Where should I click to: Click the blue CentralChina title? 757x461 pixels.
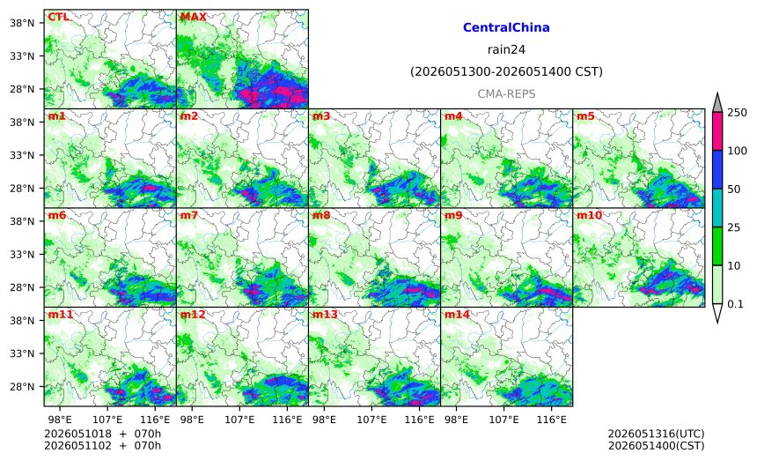(x=506, y=27)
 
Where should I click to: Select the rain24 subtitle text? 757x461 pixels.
(x=506, y=49)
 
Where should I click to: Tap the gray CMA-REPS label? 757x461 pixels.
(x=506, y=93)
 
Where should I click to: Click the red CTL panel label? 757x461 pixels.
(x=58, y=17)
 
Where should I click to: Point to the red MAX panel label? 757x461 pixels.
(x=193, y=17)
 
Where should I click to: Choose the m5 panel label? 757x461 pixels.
(x=585, y=116)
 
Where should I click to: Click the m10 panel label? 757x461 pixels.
(x=589, y=215)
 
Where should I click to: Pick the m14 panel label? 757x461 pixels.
(x=457, y=315)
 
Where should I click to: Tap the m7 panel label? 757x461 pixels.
(x=188, y=215)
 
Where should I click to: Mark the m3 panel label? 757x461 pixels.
(x=321, y=116)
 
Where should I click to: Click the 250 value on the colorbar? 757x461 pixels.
(x=738, y=113)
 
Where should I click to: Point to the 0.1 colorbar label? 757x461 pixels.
(x=735, y=304)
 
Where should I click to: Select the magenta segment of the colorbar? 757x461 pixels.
(x=717, y=131)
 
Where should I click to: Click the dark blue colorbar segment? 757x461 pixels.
(x=717, y=169)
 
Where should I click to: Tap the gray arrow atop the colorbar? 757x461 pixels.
(x=717, y=103)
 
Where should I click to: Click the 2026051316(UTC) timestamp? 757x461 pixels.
(x=656, y=434)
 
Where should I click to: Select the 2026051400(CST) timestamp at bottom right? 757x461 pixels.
(x=656, y=445)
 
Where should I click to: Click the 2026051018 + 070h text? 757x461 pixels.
(x=102, y=434)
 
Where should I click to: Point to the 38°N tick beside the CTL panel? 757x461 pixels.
(x=22, y=23)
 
